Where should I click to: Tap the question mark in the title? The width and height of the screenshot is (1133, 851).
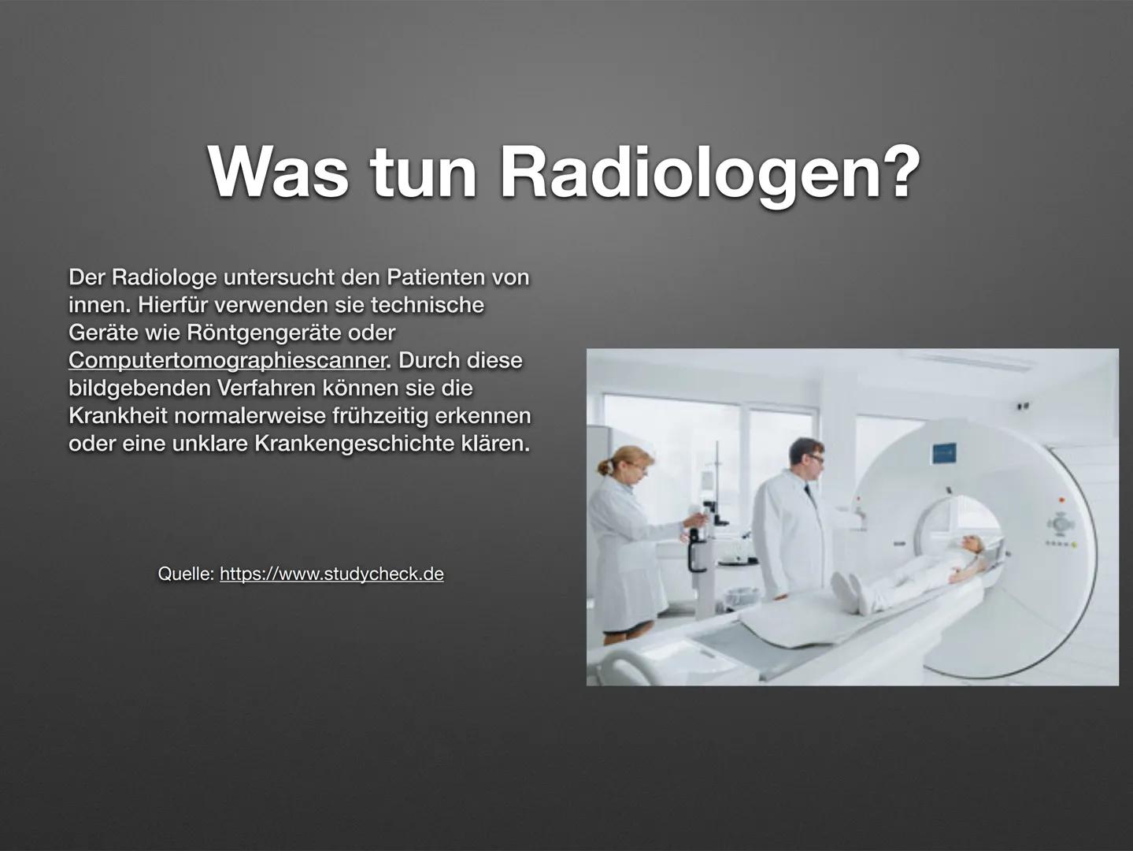(900, 172)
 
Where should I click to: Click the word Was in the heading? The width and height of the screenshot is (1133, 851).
(278, 172)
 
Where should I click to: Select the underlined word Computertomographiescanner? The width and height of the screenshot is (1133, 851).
(227, 360)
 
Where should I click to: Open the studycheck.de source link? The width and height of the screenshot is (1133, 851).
(332, 574)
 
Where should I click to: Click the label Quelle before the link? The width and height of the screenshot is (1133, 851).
(186, 574)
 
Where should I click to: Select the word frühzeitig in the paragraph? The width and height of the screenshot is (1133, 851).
(380, 416)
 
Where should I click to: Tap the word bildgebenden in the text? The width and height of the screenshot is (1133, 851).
(139, 388)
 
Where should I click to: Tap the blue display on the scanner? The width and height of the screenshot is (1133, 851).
(944, 452)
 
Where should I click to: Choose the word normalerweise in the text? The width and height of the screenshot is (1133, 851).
(250, 416)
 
